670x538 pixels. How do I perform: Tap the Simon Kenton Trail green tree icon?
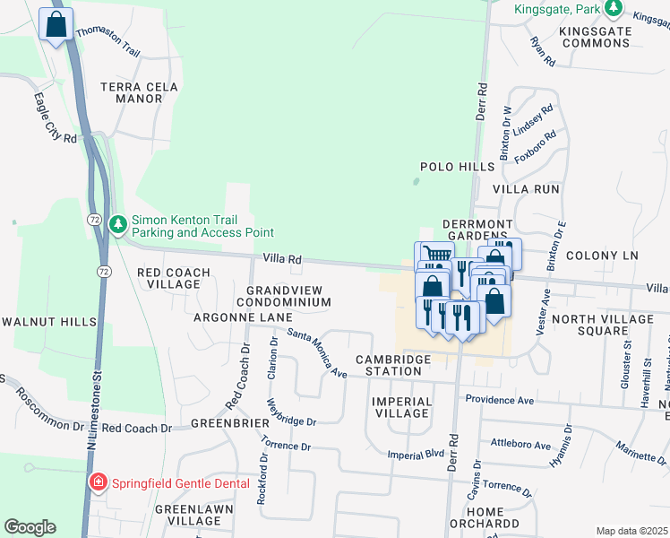117,222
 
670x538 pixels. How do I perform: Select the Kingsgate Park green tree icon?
614,10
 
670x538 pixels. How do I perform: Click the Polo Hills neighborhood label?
458,167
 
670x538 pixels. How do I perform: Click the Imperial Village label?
400,407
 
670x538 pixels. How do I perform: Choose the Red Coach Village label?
173,278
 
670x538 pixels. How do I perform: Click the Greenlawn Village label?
187,515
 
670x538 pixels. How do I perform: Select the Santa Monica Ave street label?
317,351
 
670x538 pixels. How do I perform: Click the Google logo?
30,527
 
